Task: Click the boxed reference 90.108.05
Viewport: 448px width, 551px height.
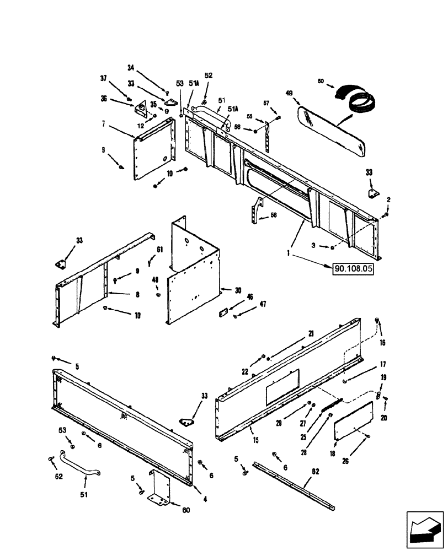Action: [x=352, y=269]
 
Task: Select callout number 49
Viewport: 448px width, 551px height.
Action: [x=289, y=94]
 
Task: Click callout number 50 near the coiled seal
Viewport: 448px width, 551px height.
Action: [x=322, y=81]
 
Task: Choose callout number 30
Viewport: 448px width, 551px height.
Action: [x=238, y=290]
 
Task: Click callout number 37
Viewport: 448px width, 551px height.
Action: [x=103, y=79]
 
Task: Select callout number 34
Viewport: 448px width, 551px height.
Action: [x=131, y=68]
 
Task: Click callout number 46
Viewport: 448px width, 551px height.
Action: [x=250, y=296]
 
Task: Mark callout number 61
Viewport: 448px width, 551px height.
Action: [x=159, y=250]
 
